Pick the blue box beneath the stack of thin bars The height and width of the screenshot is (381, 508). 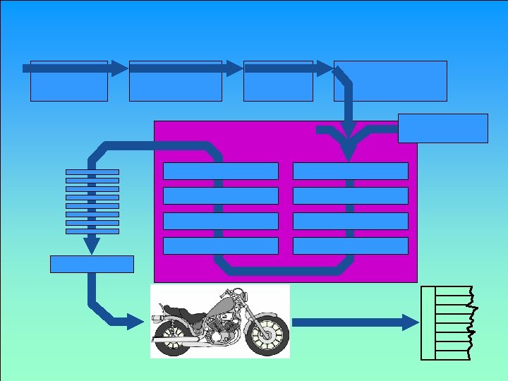pyautogui.click(x=92, y=264)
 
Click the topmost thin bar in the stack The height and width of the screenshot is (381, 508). pyautogui.click(x=92, y=171)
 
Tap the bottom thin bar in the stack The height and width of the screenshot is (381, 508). pyautogui.click(x=92, y=231)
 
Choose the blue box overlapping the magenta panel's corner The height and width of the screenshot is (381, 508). pyautogui.click(x=443, y=128)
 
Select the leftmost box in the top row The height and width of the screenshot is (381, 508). pyautogui.click(x=68, y=80)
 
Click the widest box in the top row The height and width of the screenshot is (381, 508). pyautogui.click(x=390, y=80)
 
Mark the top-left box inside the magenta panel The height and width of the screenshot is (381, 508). pyautogui.click(x=220, y=171)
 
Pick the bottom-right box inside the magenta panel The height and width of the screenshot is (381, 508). pyautogui.click(x=351, y=246)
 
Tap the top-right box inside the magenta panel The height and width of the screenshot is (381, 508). pyautogui.click(x=351, y=171)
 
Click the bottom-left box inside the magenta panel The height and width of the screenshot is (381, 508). pyautogui.click(x=220, y=246)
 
